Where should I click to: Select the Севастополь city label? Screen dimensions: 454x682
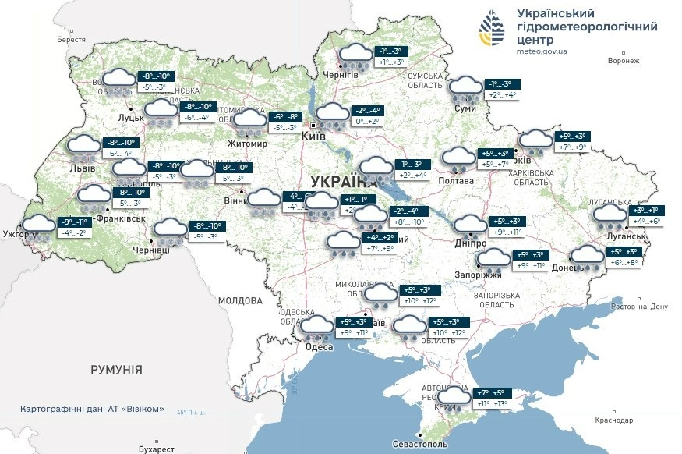tap(420, 443)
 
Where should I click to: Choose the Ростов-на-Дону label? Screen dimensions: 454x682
tap(639, 307)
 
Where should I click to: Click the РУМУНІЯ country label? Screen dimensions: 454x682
tap(116, 370)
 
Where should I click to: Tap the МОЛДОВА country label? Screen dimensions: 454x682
tap(240, 300)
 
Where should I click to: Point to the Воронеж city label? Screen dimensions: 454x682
tap(623, 61)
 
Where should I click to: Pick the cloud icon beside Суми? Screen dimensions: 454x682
tap(466, 88)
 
